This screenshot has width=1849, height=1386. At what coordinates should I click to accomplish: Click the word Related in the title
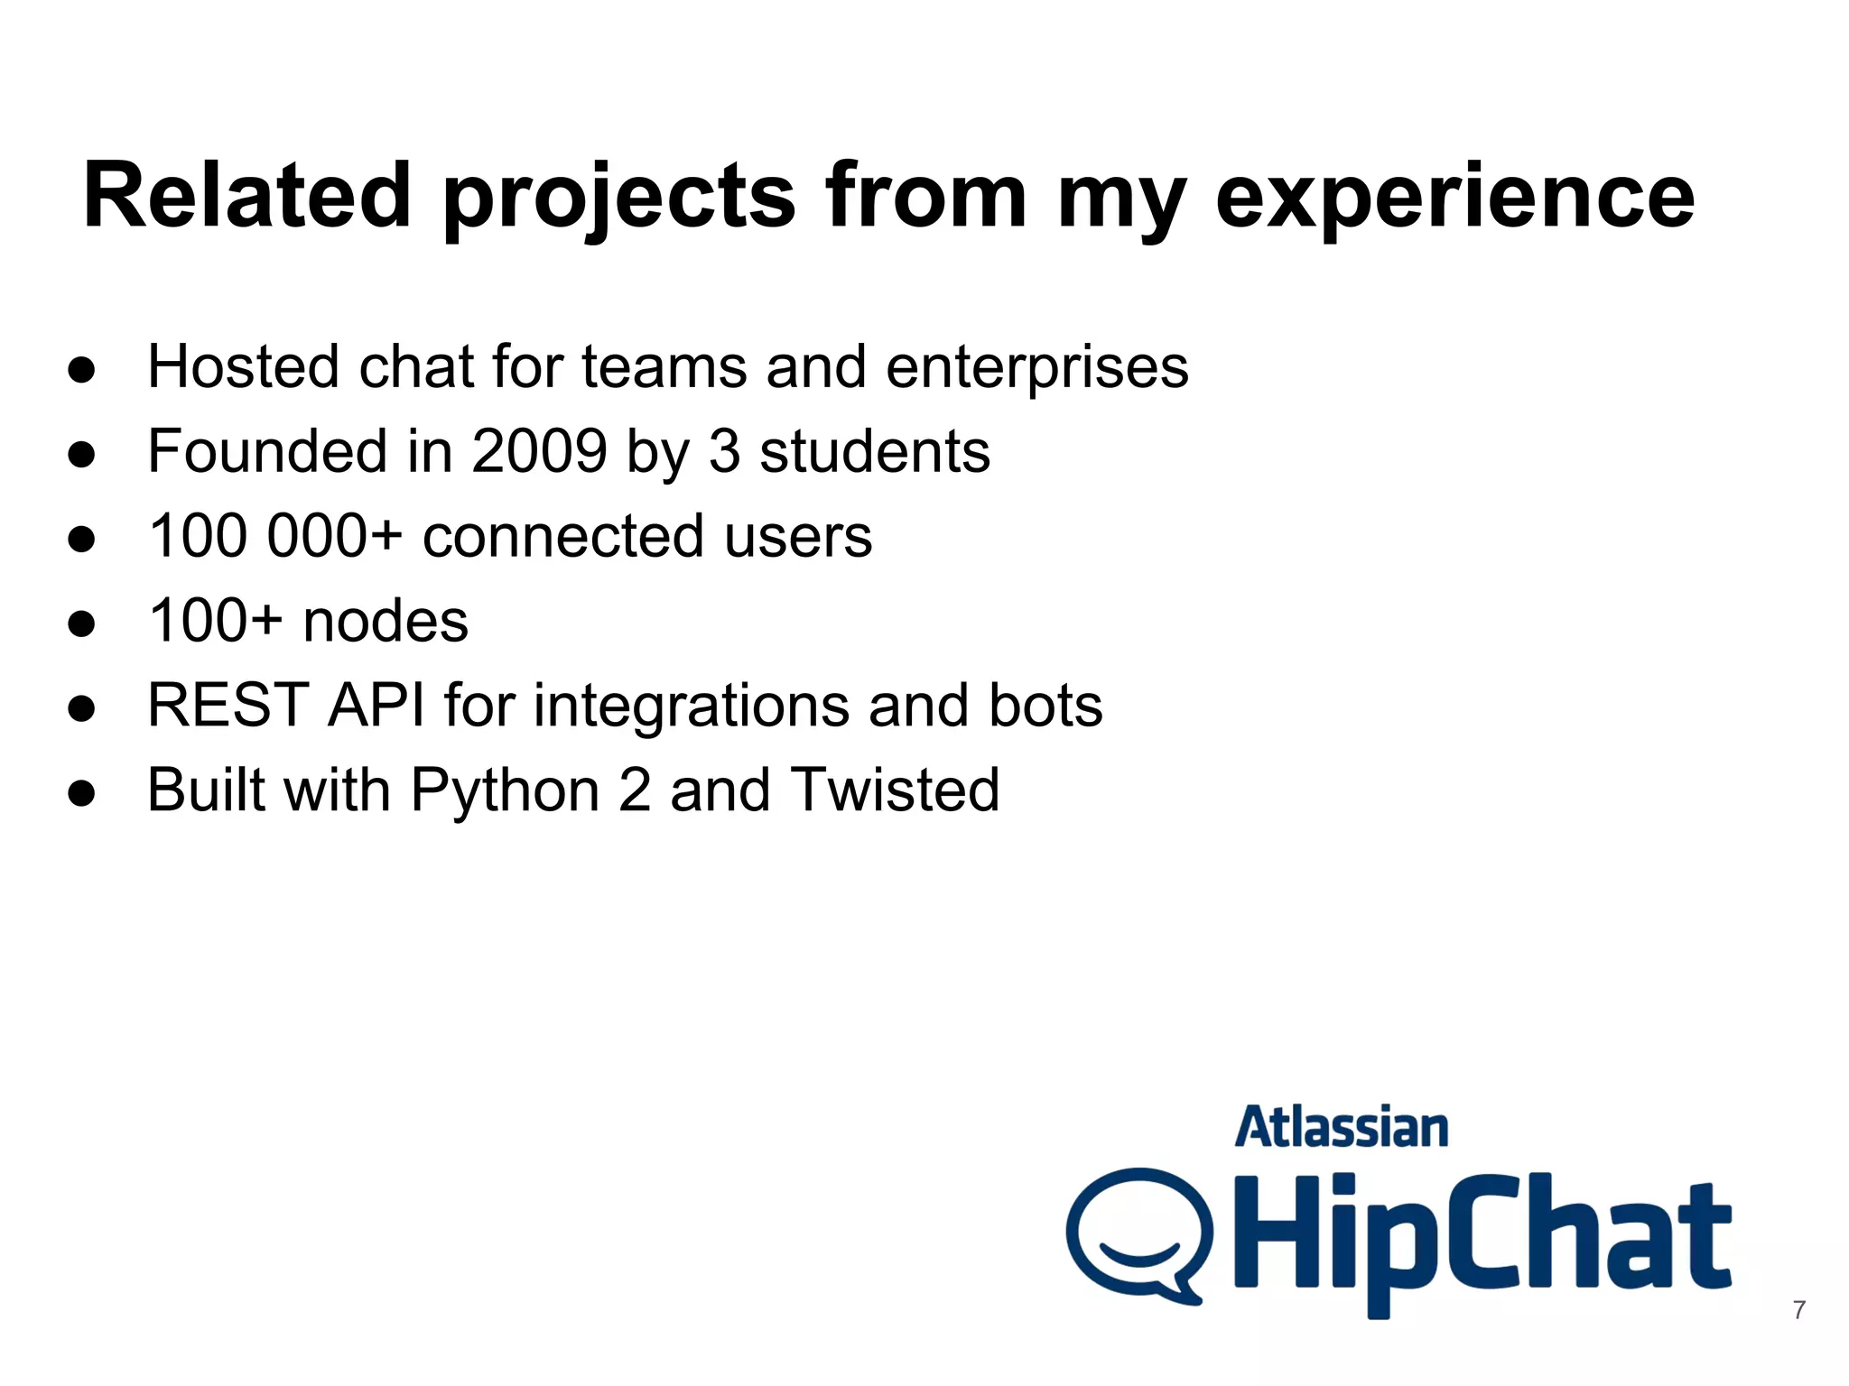click(247, 195)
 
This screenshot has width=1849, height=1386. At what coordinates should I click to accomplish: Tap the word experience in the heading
click(1454, 195)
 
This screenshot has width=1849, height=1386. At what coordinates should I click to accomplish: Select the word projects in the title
click(619, 197)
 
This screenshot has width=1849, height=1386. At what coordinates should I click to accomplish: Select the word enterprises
click(1036, 368)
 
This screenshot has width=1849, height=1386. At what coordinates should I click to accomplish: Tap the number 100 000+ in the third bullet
click(274, 535)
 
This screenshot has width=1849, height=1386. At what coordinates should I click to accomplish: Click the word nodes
click(386, 621)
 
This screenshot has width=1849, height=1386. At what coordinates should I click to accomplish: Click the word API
click(376, 705)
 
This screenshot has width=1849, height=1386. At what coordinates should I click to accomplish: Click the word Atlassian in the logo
click(1341, 1128)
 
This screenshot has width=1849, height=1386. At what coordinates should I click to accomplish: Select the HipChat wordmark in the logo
click(1481, 1236)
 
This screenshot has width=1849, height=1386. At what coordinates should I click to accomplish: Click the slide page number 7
click(1798, 1309)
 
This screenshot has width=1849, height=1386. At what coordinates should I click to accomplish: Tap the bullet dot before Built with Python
click(81, 792)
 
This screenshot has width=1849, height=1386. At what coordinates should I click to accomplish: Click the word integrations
click(692, 706)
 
